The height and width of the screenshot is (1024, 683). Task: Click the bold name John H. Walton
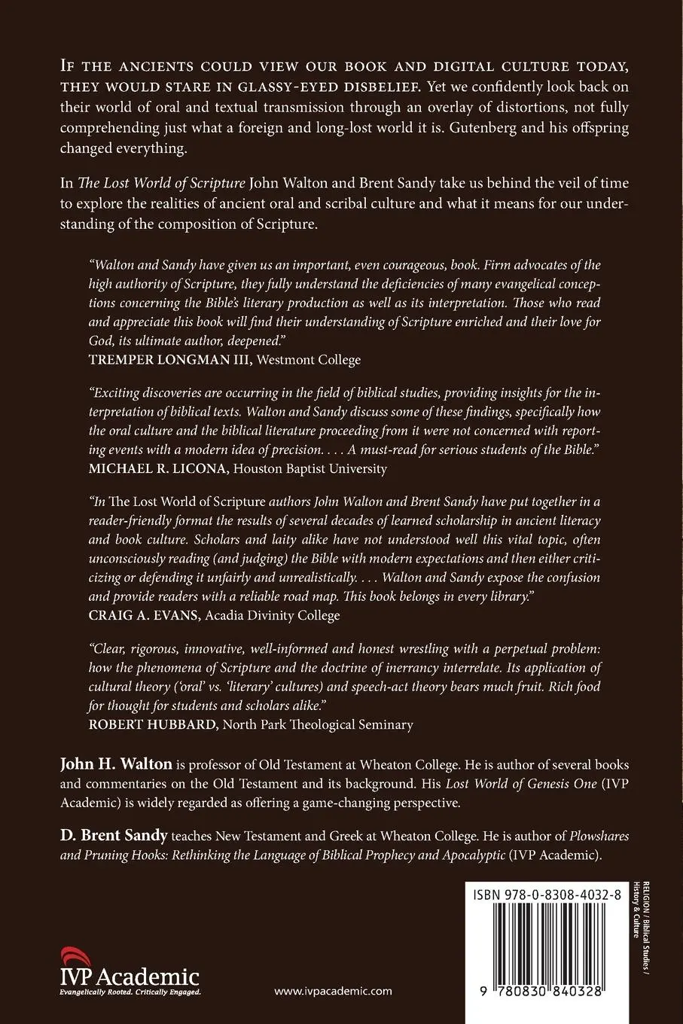coord(116,765)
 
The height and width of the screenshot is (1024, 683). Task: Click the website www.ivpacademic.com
coord(333,991)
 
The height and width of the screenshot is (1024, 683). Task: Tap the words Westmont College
coord(309,360)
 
